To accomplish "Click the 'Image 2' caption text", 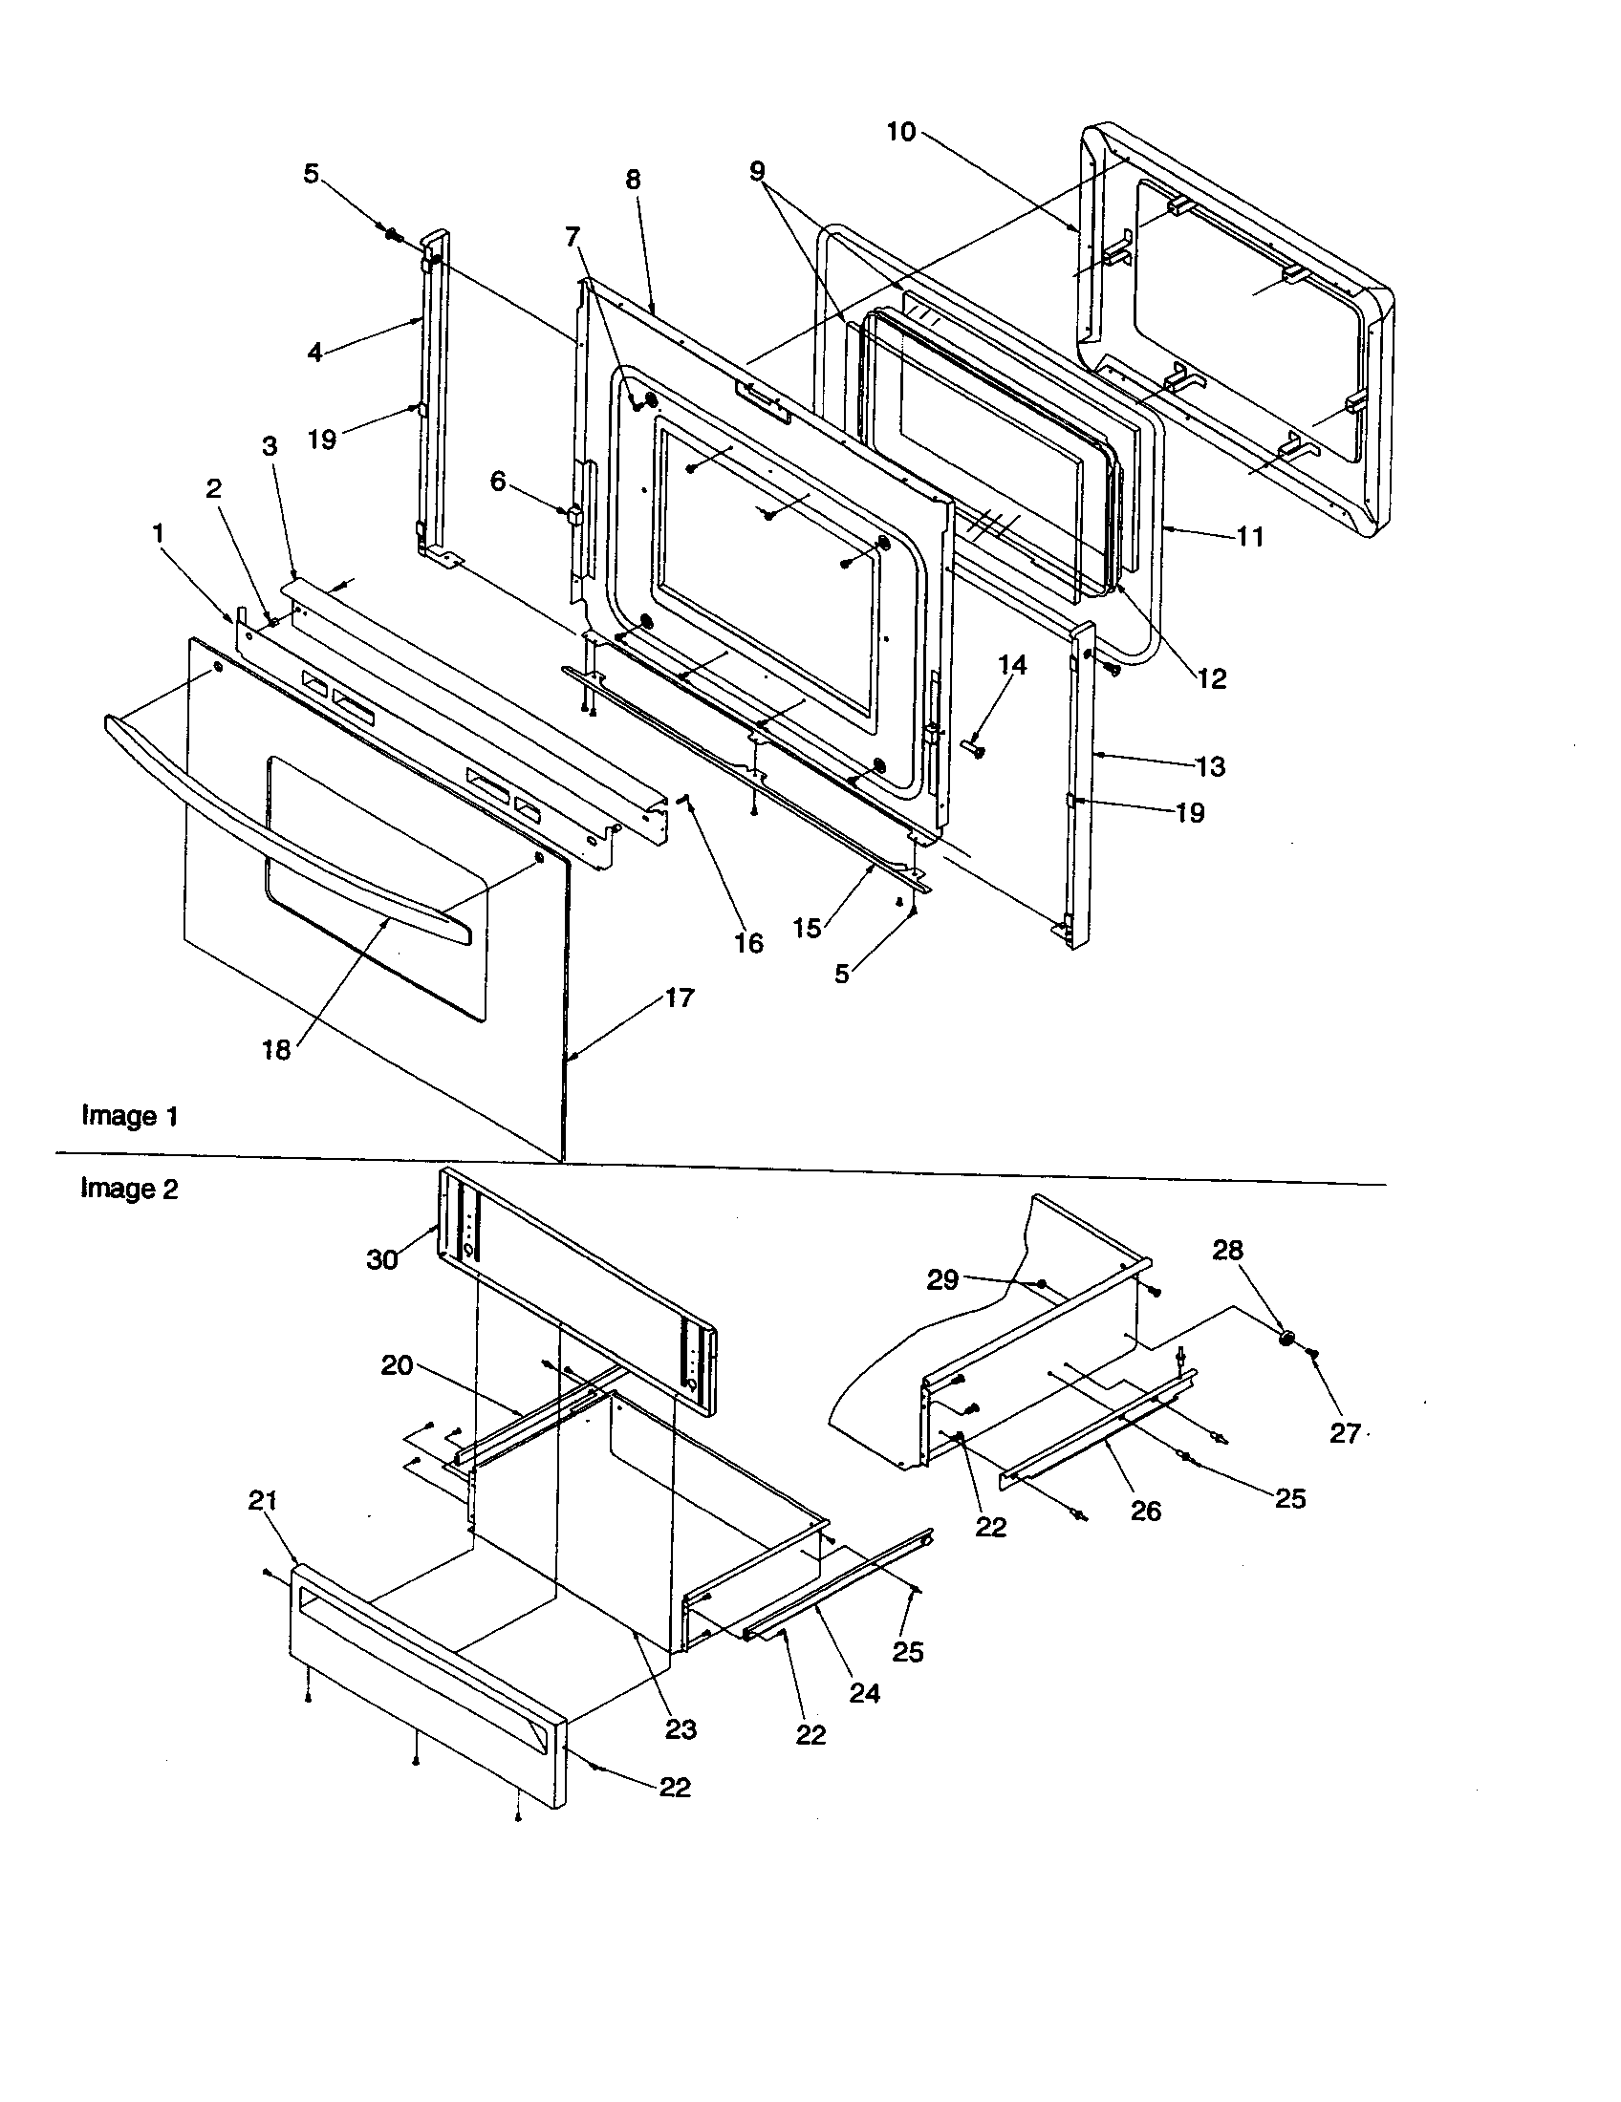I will tap(129, 1189).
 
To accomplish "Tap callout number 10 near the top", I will tap(900, 132).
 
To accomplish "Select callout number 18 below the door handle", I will tap(275, 1050).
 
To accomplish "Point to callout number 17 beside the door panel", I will tap(679, 998).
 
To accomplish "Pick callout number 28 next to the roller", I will tap(1227, 1251).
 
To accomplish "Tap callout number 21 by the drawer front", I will tap(263, 1500).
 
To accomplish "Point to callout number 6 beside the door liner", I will tap(497, 482).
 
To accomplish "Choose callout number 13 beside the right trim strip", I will tap(1210, 766).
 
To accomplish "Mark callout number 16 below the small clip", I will tap(748, 943).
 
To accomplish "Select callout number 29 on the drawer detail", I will tap(942, 1280).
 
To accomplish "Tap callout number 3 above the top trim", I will tap(270, 446).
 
